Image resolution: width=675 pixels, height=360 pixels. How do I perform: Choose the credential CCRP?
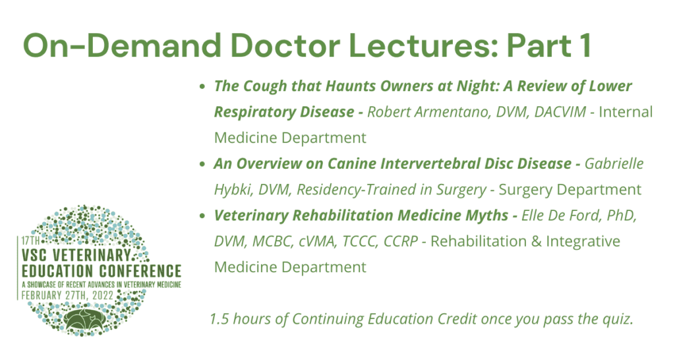point(400,241)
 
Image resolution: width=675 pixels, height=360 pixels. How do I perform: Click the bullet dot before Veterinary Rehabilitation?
point(202,216)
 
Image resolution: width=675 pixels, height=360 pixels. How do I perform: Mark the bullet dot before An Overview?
point(202,164)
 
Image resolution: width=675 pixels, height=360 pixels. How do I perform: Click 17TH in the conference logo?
point(30,241)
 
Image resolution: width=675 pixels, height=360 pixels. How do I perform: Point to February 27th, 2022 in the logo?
point(67,295)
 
